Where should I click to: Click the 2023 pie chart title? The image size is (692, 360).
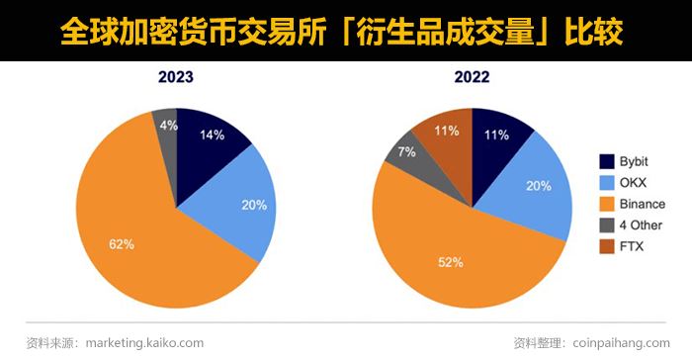click(175, 76)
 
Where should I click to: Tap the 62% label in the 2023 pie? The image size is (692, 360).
click(121, 241)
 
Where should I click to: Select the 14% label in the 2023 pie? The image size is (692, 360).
click(213, 135)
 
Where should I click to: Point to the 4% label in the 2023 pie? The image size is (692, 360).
click(169, 125)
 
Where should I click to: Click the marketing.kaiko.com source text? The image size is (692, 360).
click(144, 342)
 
